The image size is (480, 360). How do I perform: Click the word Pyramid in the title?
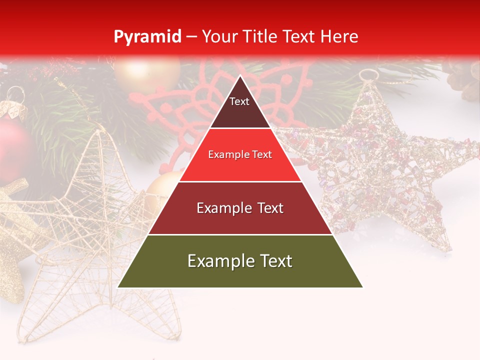[x=147, y=36]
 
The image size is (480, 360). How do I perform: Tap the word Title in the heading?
[x=260, y=36]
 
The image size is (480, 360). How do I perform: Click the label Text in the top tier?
[x=239, y=101]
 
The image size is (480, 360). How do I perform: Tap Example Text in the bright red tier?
[x=240, y=154]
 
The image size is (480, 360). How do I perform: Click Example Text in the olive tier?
[x=240, y=260]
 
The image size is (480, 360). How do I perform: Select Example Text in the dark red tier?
[x=240, y=208]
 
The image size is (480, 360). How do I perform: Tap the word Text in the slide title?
[x=300, y=36]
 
